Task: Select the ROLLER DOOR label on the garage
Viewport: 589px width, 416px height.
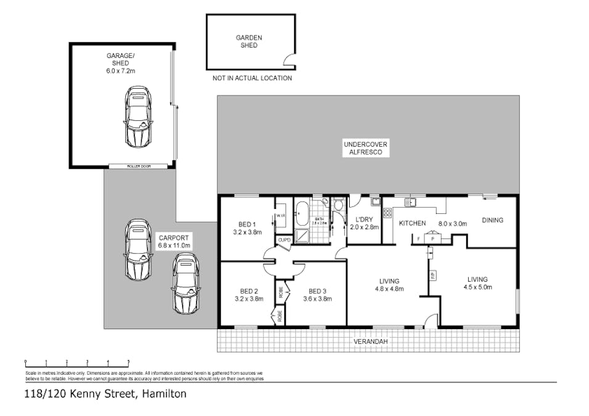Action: [138, 166]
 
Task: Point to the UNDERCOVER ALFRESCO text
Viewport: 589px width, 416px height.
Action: [366, 148]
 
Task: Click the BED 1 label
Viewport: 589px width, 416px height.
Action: [248, 224]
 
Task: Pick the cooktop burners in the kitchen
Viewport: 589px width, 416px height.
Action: [388, 213]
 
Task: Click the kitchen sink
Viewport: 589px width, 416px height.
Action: [410, 202]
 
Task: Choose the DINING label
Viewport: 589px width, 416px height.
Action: [492, 220]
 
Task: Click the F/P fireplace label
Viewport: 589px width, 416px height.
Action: [432, 274]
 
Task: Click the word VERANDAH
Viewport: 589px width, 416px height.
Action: [371, 341]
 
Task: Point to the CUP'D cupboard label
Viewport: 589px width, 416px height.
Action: [284, 240]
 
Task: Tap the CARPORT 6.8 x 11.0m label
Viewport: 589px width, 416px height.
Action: [173, 241]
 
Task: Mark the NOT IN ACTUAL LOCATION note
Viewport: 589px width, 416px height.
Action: [252, 78]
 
